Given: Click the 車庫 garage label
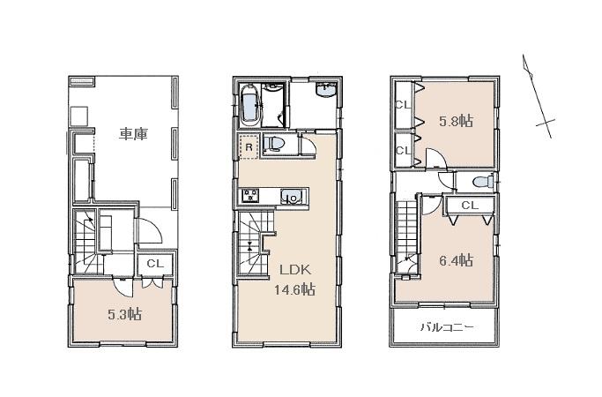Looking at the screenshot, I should [x=133, y=134].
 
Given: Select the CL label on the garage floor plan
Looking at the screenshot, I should [x=154, y=263].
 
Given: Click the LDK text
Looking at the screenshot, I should [x=294, y=270].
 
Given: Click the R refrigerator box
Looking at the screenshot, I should [x=249, y=147].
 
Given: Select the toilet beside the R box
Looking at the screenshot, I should [x=276, y=144].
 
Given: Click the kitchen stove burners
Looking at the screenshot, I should [x=247, y=196].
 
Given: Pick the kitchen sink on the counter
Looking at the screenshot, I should [x=291, y=197].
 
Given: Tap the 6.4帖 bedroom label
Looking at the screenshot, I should [x=457, y=260].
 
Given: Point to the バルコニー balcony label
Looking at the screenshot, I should [x=446, y=327].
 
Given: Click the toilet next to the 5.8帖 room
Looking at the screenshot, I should [x=481, y=182].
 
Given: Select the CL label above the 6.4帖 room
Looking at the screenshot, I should [x=469, y=206].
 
